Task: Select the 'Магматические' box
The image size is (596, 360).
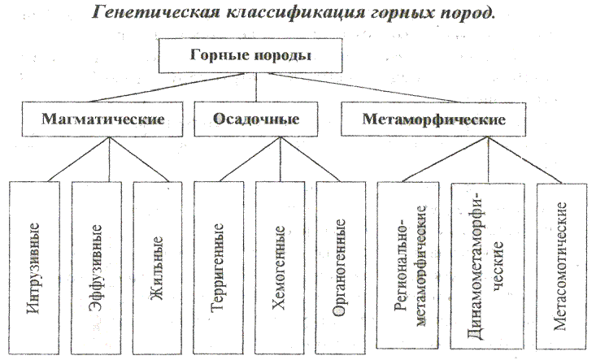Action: click(103, 119)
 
